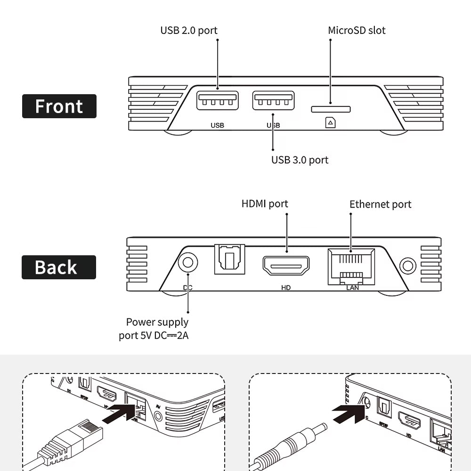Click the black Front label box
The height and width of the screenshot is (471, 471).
pos(59,106)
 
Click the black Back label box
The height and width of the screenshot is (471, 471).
pos(59,267)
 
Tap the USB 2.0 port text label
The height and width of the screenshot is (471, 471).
pos(189,31)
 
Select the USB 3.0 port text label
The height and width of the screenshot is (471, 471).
pos(300,160)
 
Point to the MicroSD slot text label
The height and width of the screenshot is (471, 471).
pos(357,31)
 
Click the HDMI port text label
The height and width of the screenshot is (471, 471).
pos(264,203)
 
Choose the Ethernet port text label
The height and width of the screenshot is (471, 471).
pos(380,204)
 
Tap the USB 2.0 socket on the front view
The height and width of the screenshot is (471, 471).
pos(217,100)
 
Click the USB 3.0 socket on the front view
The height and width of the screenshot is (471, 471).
pos(273,100)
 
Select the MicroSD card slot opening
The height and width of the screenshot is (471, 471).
pos(331,109)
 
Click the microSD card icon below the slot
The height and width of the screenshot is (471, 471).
pos(331,123)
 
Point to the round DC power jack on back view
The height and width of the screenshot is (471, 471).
pos(188,263)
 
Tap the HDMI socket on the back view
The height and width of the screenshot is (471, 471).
pos(286,266)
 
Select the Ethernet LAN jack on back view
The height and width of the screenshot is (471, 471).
pos(351,266)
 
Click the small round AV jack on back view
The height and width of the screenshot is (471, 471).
pos(408,265)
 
